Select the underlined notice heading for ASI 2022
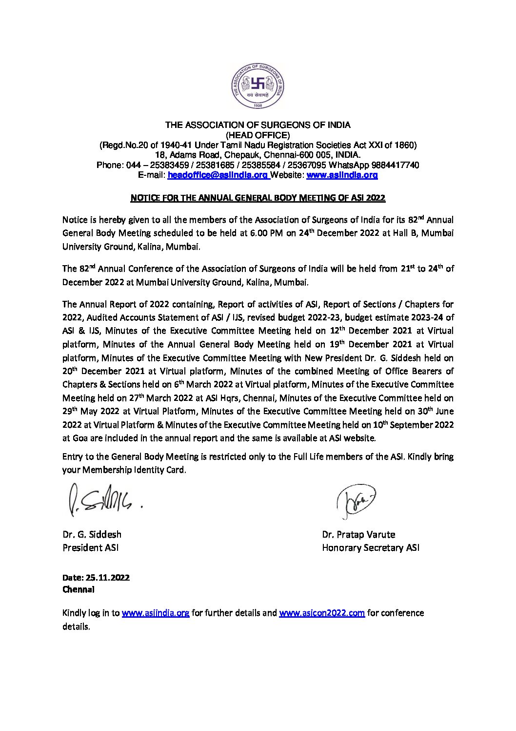pyautogui.click(x=258, y=198)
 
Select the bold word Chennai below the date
pyautogui.click(x=79, y=589)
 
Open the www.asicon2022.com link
pyautogui.click(x=322, y=613)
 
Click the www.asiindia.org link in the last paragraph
pyautogui.click(x=156, y=613)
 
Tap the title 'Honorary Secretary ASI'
pyautogui.click(x=370, y=548)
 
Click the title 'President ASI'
pyautogui.click(x=90, y=548)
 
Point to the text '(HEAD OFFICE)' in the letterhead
pyautogui.click(x=258, y=135)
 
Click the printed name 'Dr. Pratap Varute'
pyautogui.click(x=358, y=535)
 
